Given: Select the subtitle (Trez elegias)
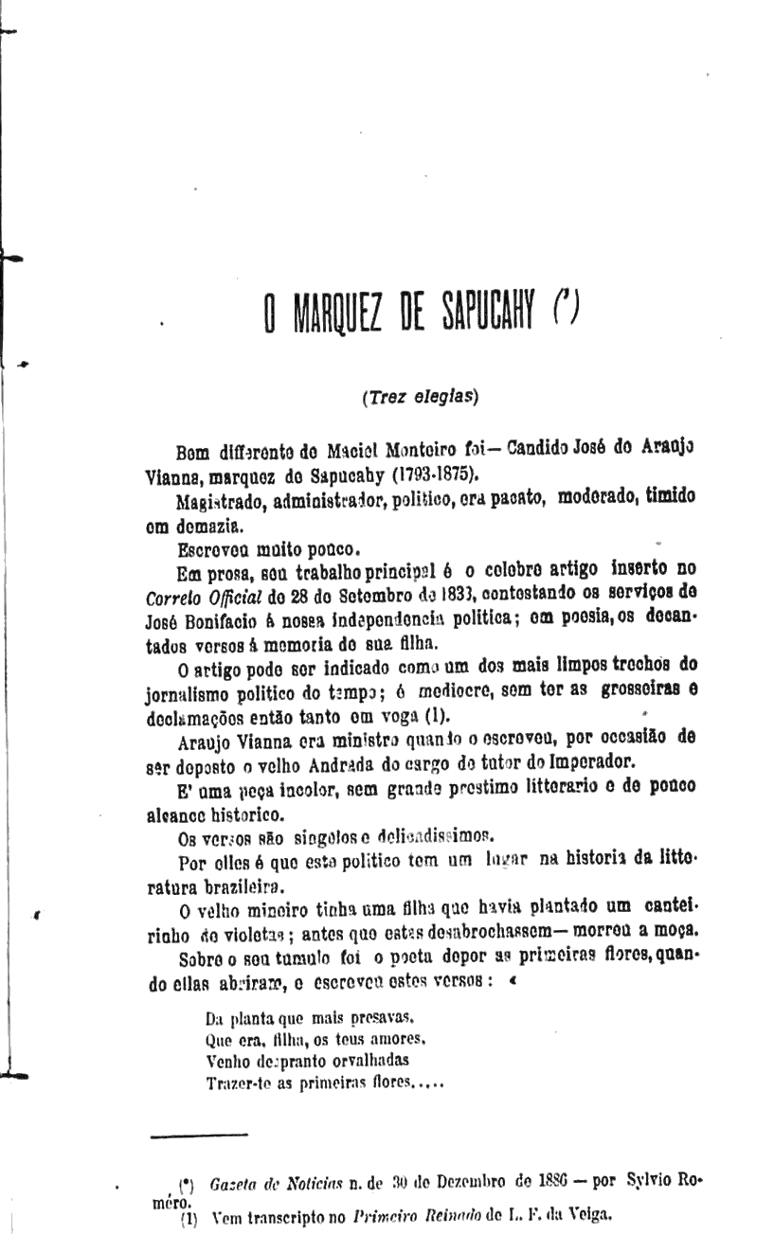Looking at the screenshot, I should click(420, 398).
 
